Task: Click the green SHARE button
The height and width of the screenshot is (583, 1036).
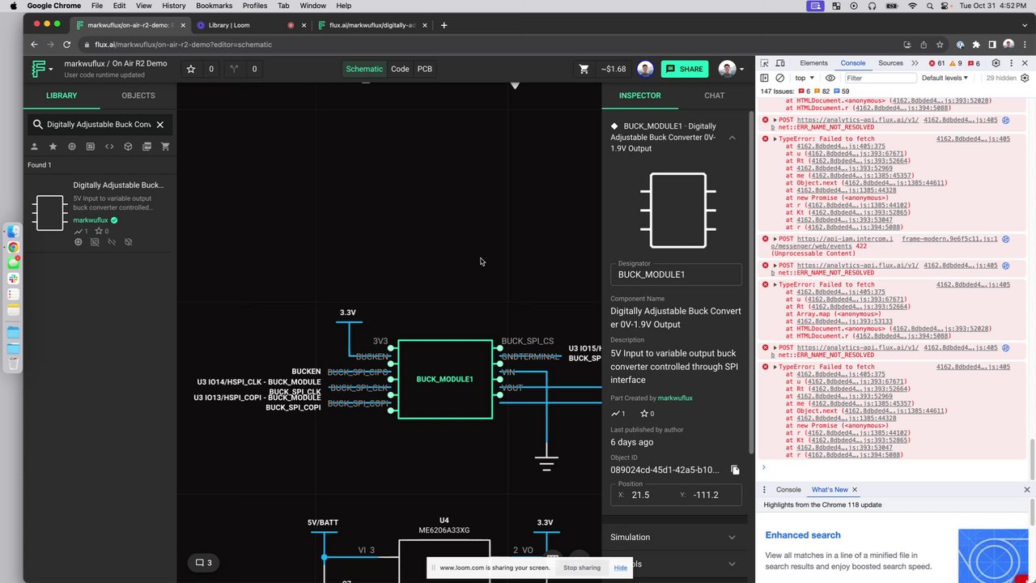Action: point(684,69)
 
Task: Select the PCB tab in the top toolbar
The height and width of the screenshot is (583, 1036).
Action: point(425,69)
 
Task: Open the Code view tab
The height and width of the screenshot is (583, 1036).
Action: point(400,69)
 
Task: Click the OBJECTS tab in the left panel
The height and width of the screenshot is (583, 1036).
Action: point(138,96)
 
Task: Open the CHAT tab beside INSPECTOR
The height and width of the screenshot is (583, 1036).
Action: point(714,96)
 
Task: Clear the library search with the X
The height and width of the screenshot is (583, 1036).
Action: point(160,125)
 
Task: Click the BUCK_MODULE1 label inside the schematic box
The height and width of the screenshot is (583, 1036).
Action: point(444,379)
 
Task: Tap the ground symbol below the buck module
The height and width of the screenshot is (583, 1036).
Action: point(546,464)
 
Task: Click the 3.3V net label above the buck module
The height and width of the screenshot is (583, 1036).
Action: point(347,313)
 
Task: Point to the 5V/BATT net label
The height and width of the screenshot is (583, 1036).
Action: point(322,523)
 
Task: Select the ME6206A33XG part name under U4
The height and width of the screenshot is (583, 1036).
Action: point(444,530)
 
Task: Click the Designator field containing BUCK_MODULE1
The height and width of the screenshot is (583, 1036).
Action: point(676,274)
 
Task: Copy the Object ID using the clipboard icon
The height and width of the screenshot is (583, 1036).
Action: point(735,470)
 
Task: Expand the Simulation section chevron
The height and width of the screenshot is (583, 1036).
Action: point(732,538)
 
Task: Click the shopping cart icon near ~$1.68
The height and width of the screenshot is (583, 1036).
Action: point(584,69)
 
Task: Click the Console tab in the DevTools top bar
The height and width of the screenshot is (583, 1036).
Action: point(852,63)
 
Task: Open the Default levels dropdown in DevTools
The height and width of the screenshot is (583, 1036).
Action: point(945,79)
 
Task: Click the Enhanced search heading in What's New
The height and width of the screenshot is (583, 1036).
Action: point(803,535)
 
